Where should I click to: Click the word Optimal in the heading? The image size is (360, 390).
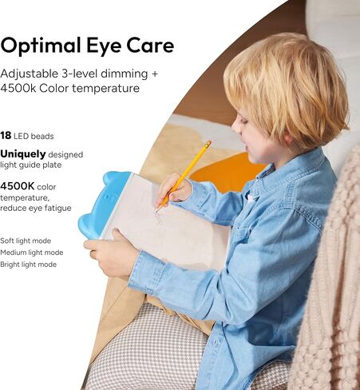pos(41,46)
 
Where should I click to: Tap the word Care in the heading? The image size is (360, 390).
pos(150,46)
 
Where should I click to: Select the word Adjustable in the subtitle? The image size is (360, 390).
pos(29,74)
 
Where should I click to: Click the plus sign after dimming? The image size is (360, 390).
pos(154,74)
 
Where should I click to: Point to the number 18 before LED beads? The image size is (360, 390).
pos(6,136)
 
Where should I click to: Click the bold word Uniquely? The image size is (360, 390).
pos(23,154)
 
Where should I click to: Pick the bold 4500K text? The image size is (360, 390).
pos(17,186)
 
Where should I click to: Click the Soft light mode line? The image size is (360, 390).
pos(26,241)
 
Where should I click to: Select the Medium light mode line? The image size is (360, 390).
pos(31,253)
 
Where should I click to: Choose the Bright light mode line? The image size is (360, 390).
pos(28,265)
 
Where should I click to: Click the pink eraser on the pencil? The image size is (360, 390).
pos(208,143)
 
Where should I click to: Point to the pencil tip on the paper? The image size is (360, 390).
pos(156,212)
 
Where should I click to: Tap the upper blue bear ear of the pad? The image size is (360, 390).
pos(117,177)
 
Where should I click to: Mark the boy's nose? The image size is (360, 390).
pos(235,126)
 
